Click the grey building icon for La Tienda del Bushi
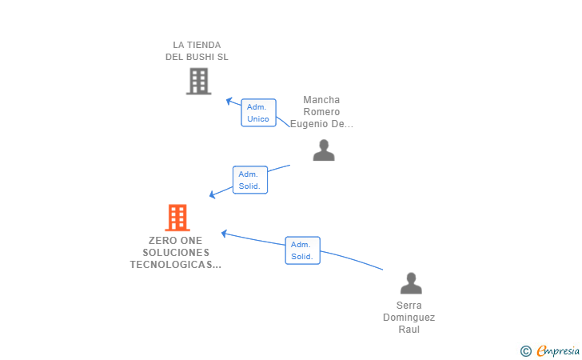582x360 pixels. [198, 81]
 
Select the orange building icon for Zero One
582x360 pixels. [177, 217]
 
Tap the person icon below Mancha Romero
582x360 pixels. [324, 150]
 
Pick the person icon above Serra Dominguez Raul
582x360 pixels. [411, 282]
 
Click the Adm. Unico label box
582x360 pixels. [258, 113]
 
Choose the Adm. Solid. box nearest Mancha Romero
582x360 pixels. [249, 180]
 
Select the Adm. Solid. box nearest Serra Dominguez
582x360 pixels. [302, 250]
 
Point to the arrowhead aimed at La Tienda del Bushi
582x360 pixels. [229, 101]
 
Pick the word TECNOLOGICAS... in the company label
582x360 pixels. [175, 264]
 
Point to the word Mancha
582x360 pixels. [321, 100]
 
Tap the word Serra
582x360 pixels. [409, 305]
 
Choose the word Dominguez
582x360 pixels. [409, 317]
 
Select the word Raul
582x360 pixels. [409, 329]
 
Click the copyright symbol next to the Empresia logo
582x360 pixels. [525, 350]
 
